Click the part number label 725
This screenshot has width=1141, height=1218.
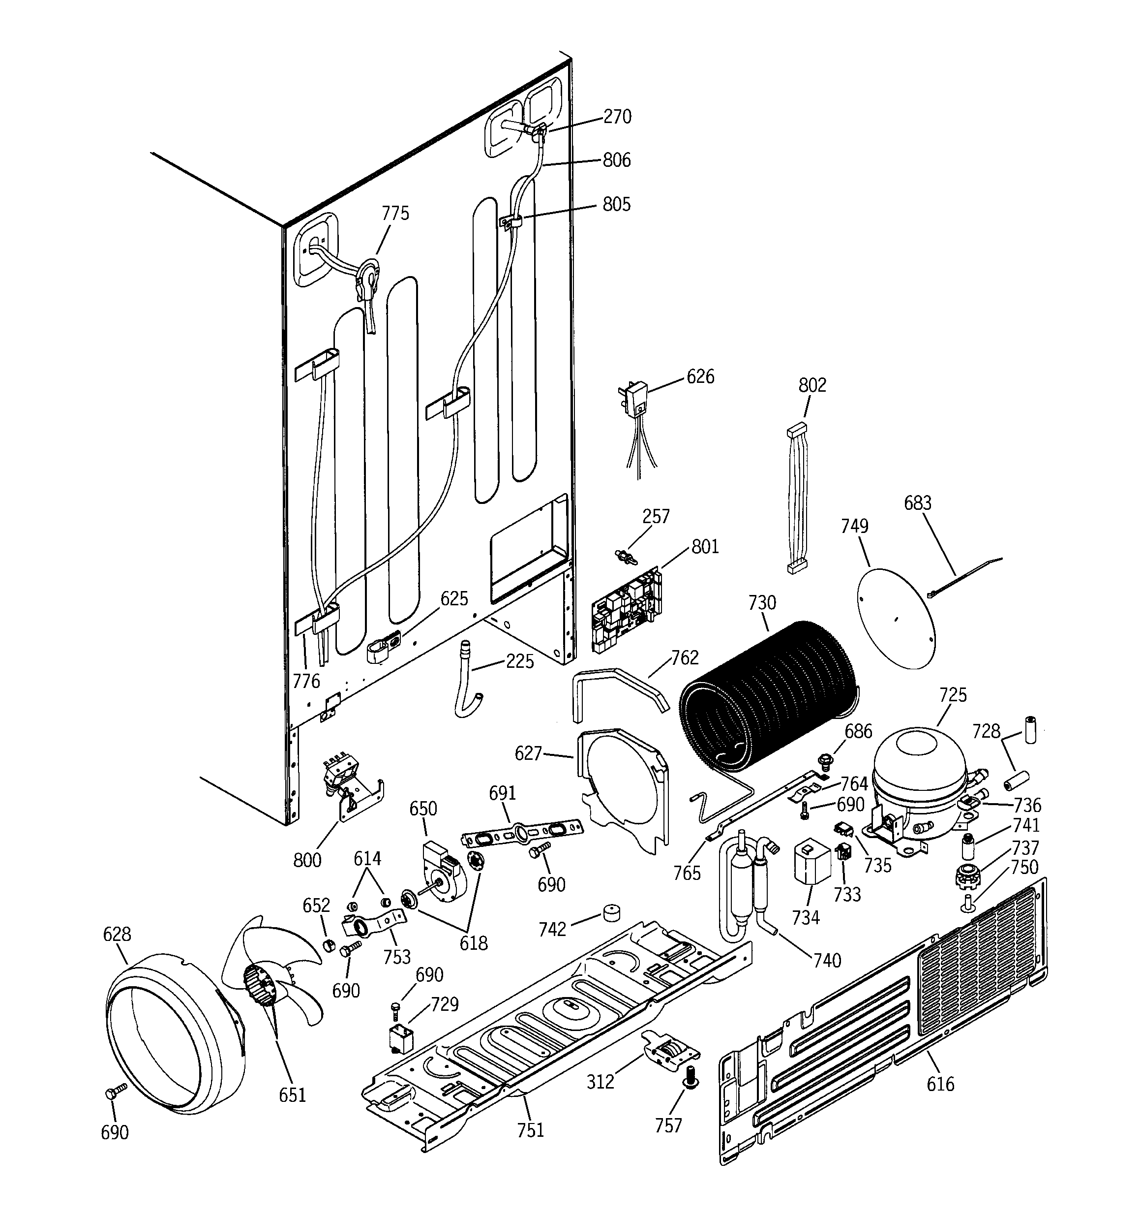pos(952,695)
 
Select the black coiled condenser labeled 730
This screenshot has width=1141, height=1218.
pos(769,698)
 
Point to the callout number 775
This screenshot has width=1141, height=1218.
pos(395,213)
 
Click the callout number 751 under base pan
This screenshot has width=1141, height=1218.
pos(530,1128)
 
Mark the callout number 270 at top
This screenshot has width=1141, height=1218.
pos(617,117)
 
